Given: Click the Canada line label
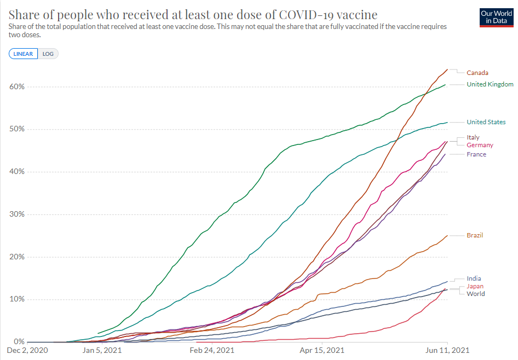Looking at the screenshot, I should coord(477,73).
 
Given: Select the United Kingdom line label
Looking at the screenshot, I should coord(490,84).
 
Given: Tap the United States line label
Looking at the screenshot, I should coord(486,122).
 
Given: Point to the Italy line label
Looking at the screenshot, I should coord(473,137).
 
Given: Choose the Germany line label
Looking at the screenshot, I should coord(480,145).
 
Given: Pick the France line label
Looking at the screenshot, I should coord(476,154).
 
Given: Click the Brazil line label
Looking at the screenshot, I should coord(475,235).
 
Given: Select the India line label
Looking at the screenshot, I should coord(474,278).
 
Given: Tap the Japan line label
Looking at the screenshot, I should coord(475,286).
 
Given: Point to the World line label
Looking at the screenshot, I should coord(475,294).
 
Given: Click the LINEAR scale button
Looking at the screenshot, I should coord(24,54).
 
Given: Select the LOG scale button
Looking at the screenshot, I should coord(48,54).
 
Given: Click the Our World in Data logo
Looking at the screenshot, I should coord(492,17).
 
